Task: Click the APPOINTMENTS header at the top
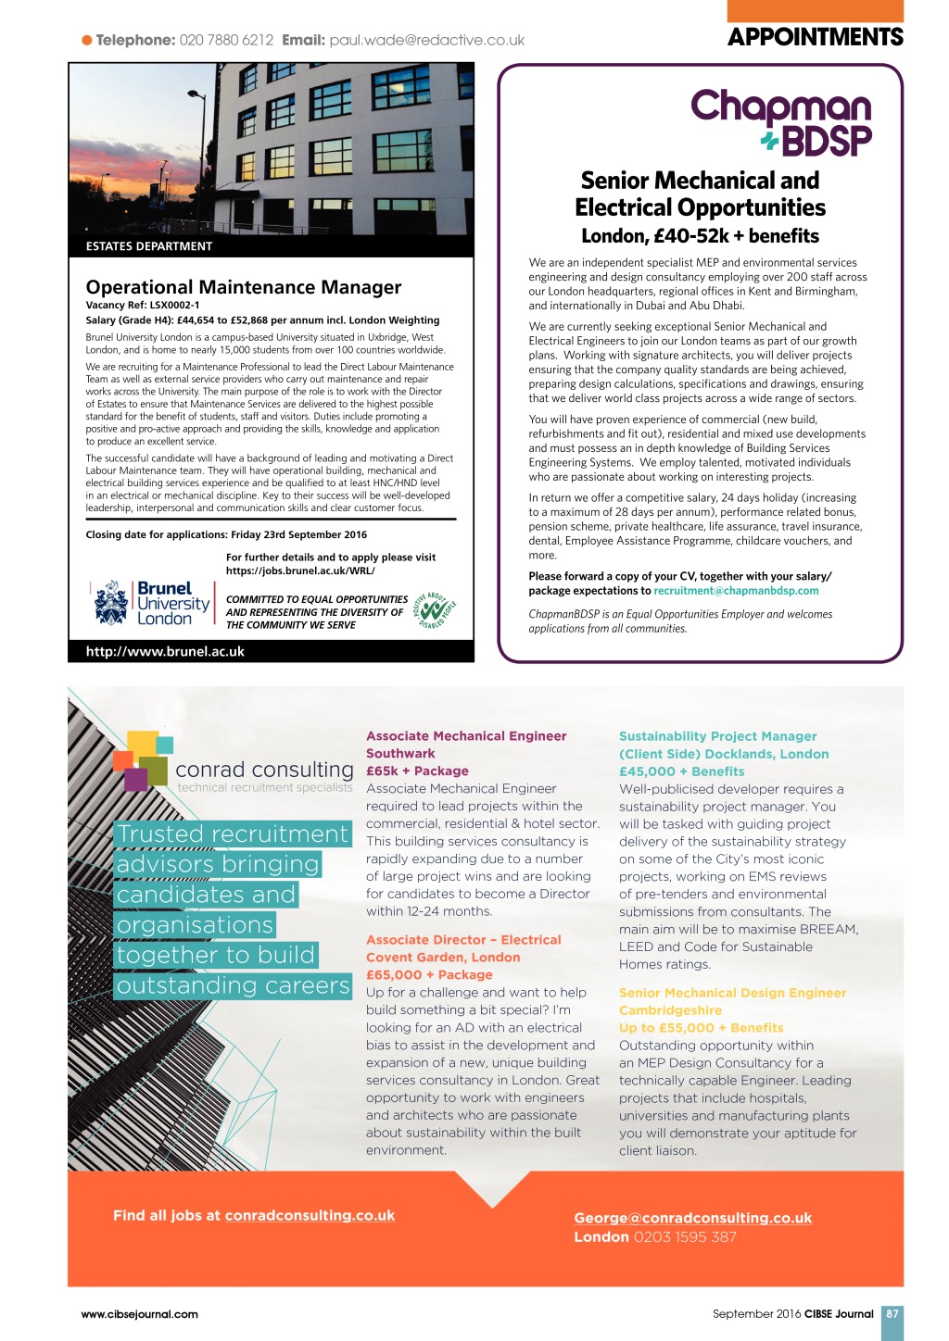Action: click(815, 37)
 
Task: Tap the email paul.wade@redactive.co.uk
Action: click(426, 40)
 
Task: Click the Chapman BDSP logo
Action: click(781, 121)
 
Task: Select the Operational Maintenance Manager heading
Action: click(244, 287)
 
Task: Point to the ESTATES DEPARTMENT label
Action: click(149, 246)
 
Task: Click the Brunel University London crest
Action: click(111, 603)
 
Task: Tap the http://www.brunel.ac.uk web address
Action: click(165, 651)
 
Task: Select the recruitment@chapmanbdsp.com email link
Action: click(736, 591)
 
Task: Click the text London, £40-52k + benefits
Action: click(700, 236)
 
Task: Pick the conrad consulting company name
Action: click(264, 770)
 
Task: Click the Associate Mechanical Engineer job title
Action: click(466, 736)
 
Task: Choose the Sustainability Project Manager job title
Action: click(717, 736)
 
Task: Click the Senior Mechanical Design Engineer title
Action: click(732, 993)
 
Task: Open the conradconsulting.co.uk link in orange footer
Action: click(310, 1215)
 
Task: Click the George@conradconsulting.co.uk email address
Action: click(692, 1218)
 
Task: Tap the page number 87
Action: click(892, 1313)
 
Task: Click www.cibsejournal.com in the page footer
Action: click(140, 1313)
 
